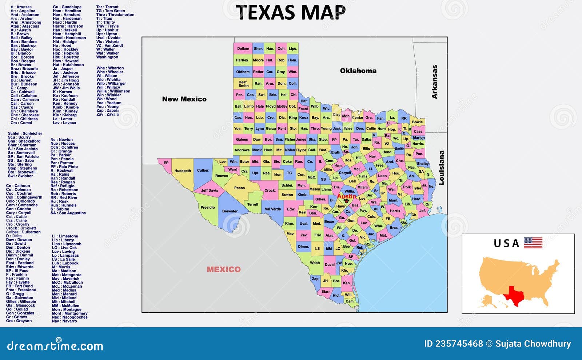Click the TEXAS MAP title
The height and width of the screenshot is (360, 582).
pos(291,12)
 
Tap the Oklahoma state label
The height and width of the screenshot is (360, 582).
pos(358,71)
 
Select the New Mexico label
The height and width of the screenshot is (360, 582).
pos(184,99)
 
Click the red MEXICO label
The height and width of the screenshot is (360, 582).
pos(223,269)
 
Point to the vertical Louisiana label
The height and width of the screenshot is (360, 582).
pos(441,168)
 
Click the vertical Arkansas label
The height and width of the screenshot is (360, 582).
pos(434,82)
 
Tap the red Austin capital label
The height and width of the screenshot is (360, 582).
pos(346,196)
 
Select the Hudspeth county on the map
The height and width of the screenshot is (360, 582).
pos(183,171)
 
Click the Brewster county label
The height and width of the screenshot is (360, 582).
pos(230,211)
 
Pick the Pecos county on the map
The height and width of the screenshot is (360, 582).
pos(239,188)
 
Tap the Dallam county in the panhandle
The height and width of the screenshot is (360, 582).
pos(243,48)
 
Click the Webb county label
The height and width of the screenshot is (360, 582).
pos(315,263)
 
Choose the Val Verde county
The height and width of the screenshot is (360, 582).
pos(272,209)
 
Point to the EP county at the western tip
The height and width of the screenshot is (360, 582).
pos(166,163)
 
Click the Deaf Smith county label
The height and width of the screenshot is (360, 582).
pos(243,84)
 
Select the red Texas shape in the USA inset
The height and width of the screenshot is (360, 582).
pos(513,294)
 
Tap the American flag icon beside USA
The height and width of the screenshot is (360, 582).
pos(533,243)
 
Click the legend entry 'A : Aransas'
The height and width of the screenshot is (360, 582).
pos(21,7)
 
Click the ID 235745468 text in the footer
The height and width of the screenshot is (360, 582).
pos(453,344)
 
